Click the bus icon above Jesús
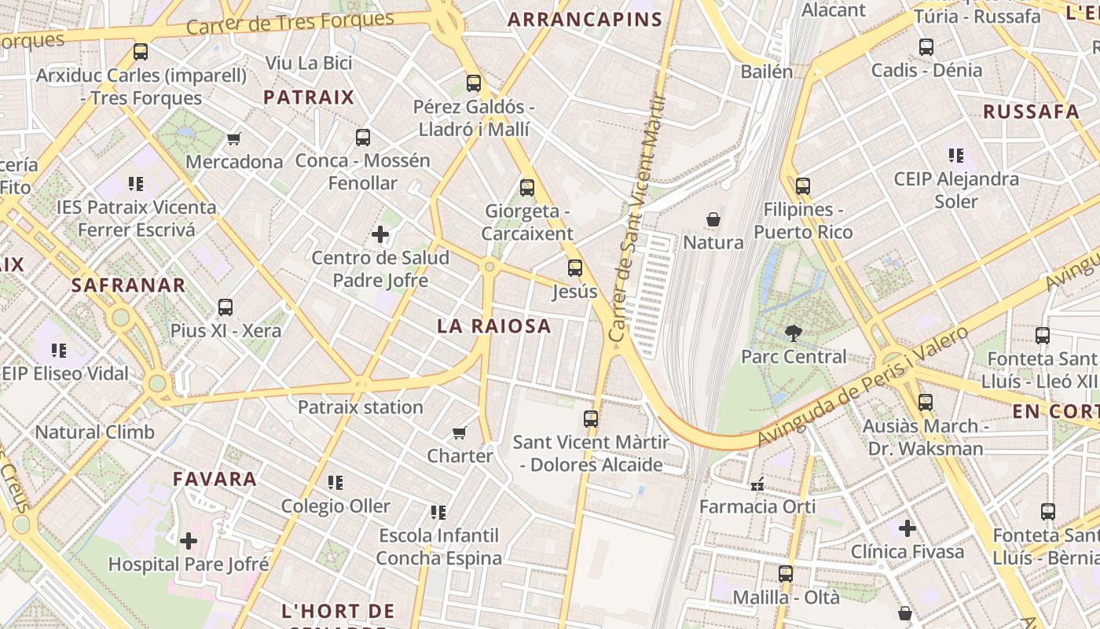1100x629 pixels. point(575,268)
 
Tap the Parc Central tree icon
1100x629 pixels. point(794,333)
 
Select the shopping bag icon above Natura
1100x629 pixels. point(713,219)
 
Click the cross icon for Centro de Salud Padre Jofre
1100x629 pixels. point(380,234)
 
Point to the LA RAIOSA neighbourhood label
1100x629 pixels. point(494,326)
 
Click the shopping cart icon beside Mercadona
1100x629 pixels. point(233,139)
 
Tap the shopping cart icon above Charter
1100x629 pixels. point(460,432)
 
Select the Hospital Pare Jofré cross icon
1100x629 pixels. point(189,541)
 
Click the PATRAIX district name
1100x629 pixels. point(309,97)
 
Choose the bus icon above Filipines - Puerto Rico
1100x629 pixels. point(802,186)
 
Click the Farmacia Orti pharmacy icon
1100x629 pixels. point(757,484)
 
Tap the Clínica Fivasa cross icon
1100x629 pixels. point(907,528)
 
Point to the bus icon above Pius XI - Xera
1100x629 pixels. point(225,307)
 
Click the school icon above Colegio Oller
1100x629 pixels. point(335,483)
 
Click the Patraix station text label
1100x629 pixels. point(361,407)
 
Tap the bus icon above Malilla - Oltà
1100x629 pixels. point(786,574)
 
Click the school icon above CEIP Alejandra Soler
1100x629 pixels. point(956,156)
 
